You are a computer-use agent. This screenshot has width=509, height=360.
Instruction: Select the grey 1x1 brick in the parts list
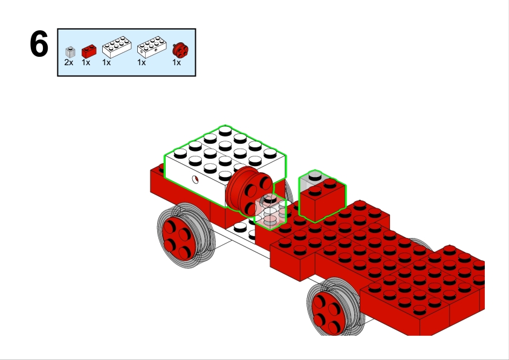tap(70, 52)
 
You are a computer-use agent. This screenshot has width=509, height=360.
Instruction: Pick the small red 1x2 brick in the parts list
tap(89, 51)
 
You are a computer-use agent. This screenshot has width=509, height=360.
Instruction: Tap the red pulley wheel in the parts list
tap(180, 50)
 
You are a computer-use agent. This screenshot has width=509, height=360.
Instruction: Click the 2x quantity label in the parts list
tap(69, 62)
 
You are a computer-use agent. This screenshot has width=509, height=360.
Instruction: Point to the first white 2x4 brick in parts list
tap(117, 47)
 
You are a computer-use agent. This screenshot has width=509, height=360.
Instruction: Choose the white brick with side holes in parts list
tap(152, 47)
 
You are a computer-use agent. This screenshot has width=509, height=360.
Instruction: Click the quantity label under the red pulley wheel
tap(177, 62)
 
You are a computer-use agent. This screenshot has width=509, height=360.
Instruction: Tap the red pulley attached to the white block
tap(249, 191)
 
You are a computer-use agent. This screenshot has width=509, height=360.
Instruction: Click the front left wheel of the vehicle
tap(184, 235)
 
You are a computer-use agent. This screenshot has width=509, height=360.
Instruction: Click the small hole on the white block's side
tap(195, 179)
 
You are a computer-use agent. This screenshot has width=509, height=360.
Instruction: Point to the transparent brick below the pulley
tap(270, 211)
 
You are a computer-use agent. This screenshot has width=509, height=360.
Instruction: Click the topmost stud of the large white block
tap(225, 130)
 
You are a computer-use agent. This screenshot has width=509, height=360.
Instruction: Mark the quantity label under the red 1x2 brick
tap(86, 62)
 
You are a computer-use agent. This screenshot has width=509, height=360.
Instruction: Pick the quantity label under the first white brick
tap(106, 62)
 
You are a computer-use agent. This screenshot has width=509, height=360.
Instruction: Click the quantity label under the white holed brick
tap(141, 62)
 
